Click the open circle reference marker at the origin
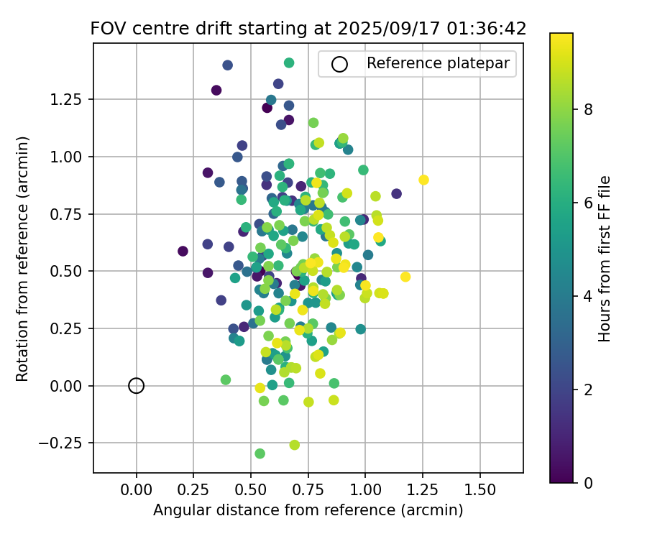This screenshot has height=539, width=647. coord(136,386)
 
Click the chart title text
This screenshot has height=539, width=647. coord(308,29)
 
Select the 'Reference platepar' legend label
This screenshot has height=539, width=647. coord(438,63)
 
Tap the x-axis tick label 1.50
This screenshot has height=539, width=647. coord(479,490)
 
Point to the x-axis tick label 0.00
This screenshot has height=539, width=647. coord(136,490)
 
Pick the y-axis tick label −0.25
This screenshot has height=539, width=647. coord(65,443)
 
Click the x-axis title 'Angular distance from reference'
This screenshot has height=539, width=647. coord(308,510)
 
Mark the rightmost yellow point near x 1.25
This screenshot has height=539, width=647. coord(423,180)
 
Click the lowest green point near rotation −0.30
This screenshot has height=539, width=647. coord(260,453)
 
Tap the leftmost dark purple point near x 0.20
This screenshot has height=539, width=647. coord(183,252)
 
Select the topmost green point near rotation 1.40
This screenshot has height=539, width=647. coord(289,63)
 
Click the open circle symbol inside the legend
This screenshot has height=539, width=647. coord(339,64)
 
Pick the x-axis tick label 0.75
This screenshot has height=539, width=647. coord(308,490)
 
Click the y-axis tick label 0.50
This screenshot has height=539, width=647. coord(70,271)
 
